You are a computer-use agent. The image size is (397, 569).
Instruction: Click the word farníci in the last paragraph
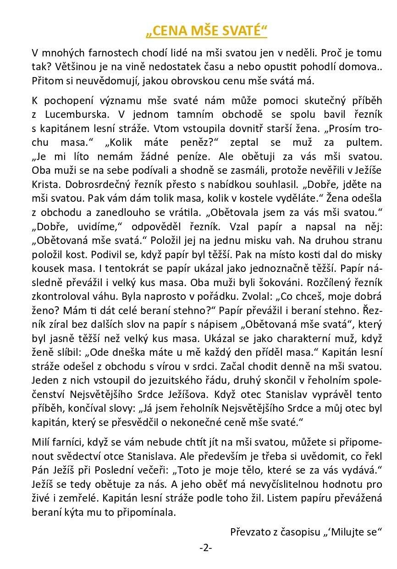click(x=70, y=442)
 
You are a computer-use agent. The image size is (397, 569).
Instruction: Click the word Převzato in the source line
click(x=251, y=532)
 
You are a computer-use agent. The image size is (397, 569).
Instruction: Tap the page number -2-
click(x=206, y=547)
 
